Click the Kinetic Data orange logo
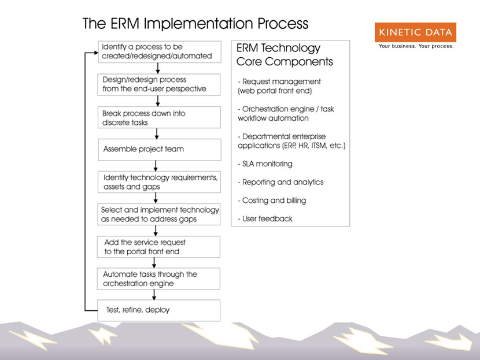click(415, 32)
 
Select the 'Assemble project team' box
click(160, 150)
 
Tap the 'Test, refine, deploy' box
click(158, 310)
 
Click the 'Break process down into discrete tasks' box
click(159, 117)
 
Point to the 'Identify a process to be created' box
click(160, 52)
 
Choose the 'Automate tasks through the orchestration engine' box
click(158, 279)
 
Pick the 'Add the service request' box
click(158, 247)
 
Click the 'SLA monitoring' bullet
click(265, 164)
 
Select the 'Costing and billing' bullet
click(272, 201)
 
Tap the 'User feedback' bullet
click(265, 218)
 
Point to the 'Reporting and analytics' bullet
click(280, 182)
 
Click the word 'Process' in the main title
click(283, 24)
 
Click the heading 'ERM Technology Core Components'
click(285, 55)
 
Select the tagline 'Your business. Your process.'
click(416, 46)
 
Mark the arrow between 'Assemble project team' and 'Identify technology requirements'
click(156, 166)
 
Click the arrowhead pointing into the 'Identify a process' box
click(96, 53)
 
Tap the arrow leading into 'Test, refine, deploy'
click(154, 295)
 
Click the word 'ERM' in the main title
click(125, 24)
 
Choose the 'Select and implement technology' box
click(159, 214)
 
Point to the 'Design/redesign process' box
click(159, 85)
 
